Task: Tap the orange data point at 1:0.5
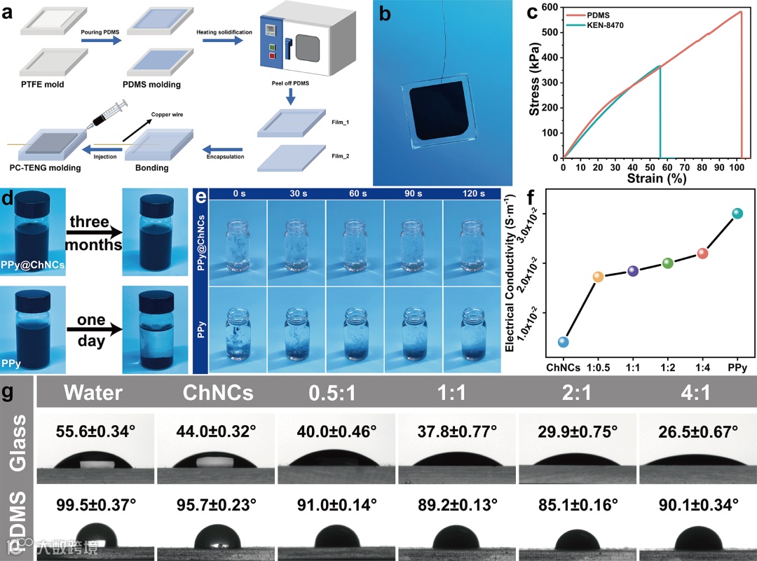click(598, 277)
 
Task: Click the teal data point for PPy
click(737, 213)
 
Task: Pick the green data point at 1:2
click(667, 263)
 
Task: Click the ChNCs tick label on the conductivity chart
click(563, 366)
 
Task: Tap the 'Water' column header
click(94, 393)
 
